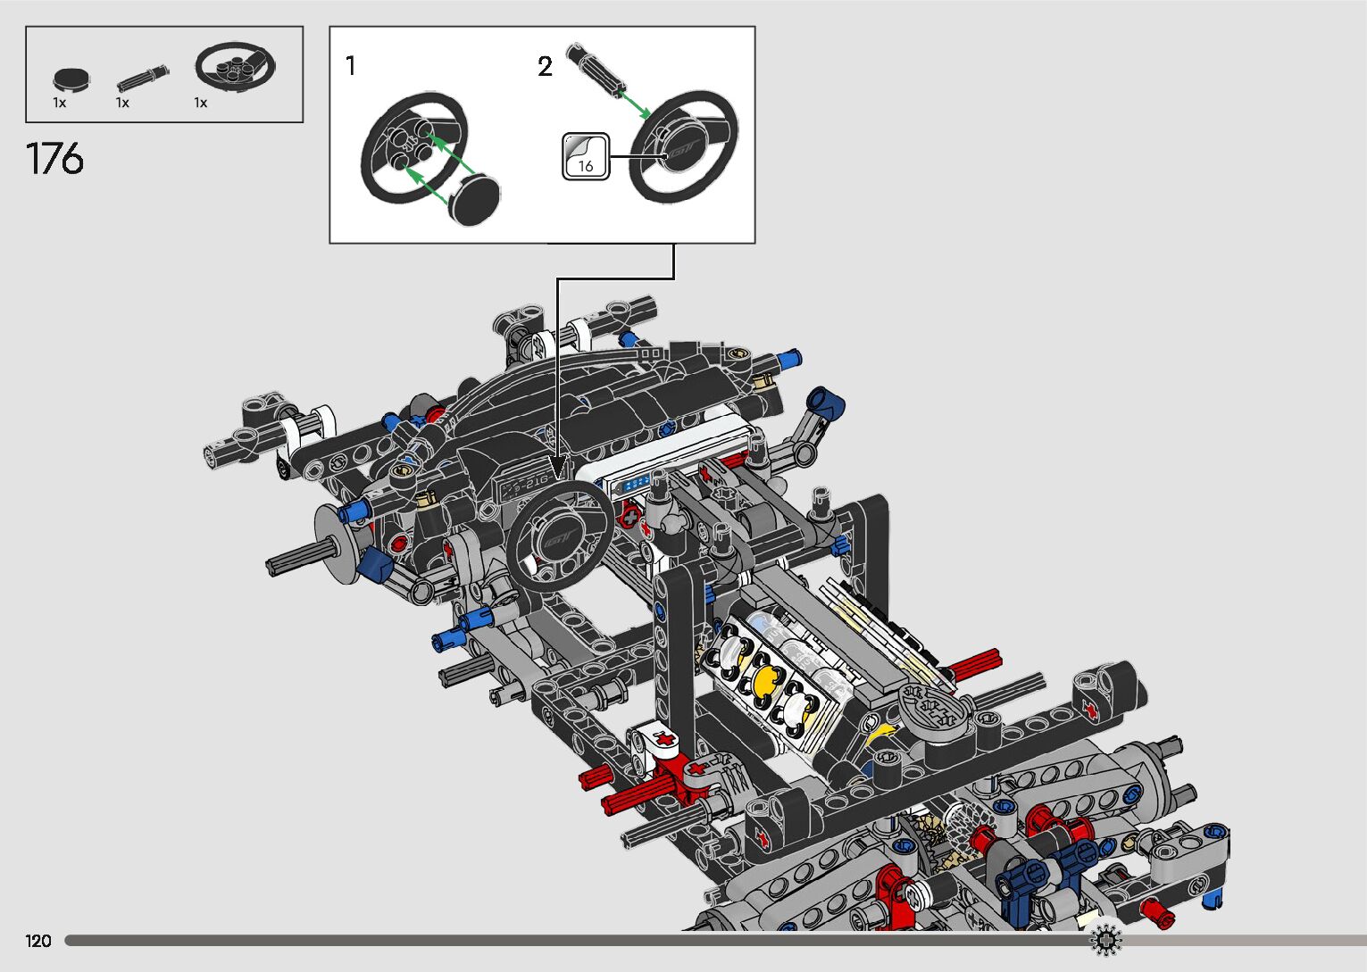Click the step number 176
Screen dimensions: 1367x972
[54, 159]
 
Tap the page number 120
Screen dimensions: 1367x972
[38, 940]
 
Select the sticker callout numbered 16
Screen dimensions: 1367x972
[586, 156]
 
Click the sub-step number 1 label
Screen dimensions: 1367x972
[350, 65]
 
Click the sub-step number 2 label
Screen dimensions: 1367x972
[545, 66]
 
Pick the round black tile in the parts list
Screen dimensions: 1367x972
[71, 79]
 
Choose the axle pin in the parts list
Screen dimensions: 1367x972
[143, 79]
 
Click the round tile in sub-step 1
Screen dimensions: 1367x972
[474, 198]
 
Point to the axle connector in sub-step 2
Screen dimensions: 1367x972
[596, 69]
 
